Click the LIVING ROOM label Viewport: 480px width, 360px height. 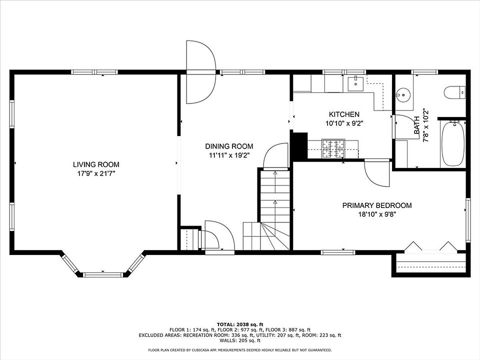(x=96, y=164)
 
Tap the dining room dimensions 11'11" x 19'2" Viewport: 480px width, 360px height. (x=229, y=155)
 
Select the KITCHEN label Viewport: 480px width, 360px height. (x=344, y=114)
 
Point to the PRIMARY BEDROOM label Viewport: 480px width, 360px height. (x=377, y=205)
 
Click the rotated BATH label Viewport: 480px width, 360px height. (x=416, y=125)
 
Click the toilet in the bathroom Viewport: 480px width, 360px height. (x=454, y=92)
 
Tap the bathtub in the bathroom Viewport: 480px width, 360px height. (x=453, y=144)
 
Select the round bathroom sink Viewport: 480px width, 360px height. (x=403, y=95)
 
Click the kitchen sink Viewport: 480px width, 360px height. (x=355, y=83)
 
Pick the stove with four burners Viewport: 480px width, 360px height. (x=333, y=149)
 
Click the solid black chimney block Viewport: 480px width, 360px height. (x=300, y=145)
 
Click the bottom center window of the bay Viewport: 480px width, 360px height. (x=103, y=274)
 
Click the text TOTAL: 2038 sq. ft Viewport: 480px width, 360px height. (x=240, y=324)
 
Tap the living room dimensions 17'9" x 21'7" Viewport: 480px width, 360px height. (x=96, y=174)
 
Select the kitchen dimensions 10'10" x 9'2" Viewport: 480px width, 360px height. (x=344, y=123)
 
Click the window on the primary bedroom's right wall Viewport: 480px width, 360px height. (x=468, y=220)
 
